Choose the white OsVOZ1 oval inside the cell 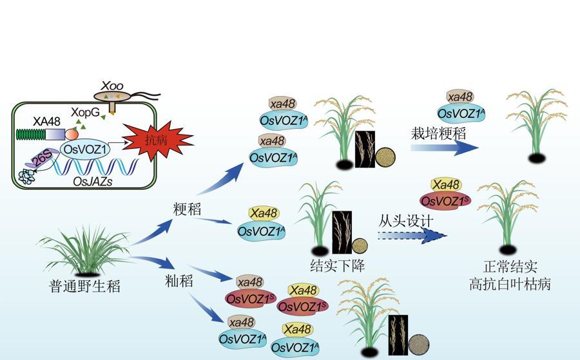pos(82,149)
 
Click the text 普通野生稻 pos(84,285)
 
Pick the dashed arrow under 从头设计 pos(412,236)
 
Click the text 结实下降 pos(337,266)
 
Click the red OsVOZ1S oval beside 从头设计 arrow pos(445,200)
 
